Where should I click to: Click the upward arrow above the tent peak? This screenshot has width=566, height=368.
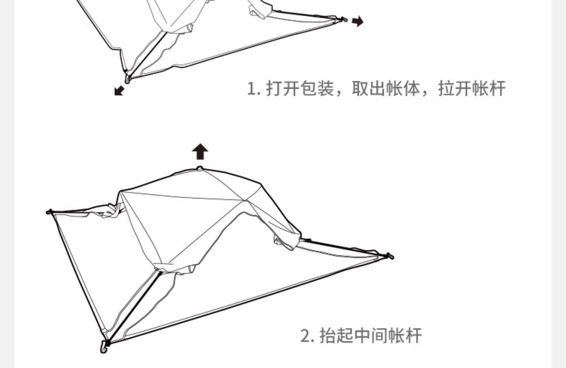coord(200,152)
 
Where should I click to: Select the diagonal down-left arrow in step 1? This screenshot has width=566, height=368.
coord(119,91)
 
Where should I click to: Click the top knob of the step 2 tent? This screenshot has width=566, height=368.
coord(200,169)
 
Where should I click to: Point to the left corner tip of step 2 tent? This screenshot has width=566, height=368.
coord(49,212)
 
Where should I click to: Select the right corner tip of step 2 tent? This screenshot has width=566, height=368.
coord(390,256)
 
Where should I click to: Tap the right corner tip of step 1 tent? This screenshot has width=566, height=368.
coord(344,19)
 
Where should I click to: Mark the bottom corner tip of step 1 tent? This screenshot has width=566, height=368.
coord(127,79)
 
